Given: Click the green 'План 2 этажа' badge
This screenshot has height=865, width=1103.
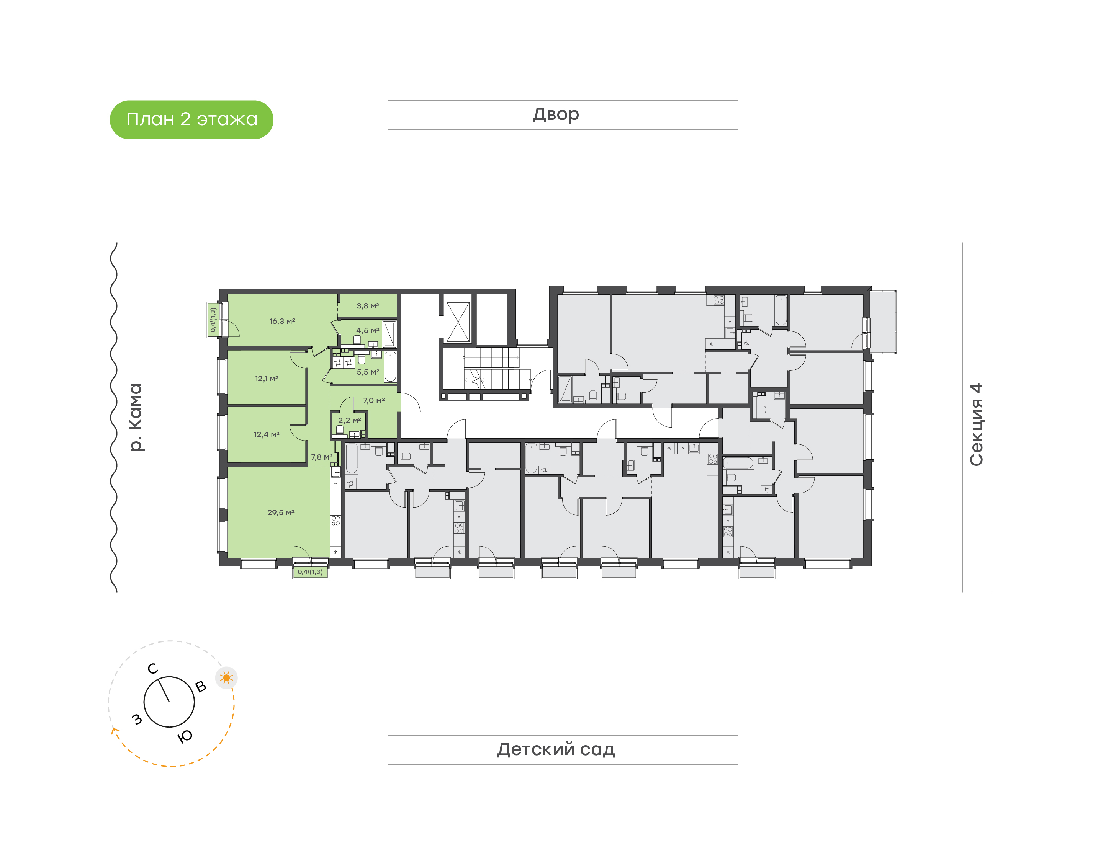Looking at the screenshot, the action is pyautogui.click(x=191, y=119).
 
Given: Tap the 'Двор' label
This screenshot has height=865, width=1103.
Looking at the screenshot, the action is pyautogui.click(x=556, y=115).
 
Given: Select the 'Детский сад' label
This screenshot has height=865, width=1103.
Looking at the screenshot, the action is pyautogui.click(x=556, y=749).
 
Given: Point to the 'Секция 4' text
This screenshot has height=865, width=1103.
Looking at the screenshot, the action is pyautogui.click(x=976, y=424).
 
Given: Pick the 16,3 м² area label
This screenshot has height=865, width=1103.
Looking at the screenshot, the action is pyautogui.click(x=282, y=321).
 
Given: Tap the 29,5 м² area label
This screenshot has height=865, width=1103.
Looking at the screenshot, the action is pyautogui.click(x=281, y=512).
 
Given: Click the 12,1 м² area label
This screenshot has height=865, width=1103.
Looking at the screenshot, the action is pyautogui.click(x=267, y=378).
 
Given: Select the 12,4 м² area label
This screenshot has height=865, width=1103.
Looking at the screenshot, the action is pyautogui.click(x=267, y=434).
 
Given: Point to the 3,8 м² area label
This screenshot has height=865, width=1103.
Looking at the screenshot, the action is pyautogui.click(x=368, y=306).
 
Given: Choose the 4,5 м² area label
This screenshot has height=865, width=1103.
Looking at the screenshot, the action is pyautogui.click(x=368, y=330).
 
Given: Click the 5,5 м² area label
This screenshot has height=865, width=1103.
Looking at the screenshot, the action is pyautogui.click(x=368, y=372).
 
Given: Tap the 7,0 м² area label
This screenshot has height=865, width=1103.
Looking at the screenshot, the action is pyautogui.click(x=374, y=400).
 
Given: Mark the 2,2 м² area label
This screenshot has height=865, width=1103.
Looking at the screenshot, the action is pyautogui.click(x=350, y=420).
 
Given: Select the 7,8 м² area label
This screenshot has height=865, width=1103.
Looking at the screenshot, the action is pyautogui.click(x=322, y=457).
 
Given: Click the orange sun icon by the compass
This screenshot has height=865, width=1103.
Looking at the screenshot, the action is pyautogui.click(x=226, y=677).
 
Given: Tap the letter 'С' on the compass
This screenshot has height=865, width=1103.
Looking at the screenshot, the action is pyautogui.click(x=152, y=669).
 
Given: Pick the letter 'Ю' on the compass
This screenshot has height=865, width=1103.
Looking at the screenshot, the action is pyautogui.click(x=185, y=736).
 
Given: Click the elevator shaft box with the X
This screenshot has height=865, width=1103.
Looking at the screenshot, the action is pyautogui.click(x=458, y=322).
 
